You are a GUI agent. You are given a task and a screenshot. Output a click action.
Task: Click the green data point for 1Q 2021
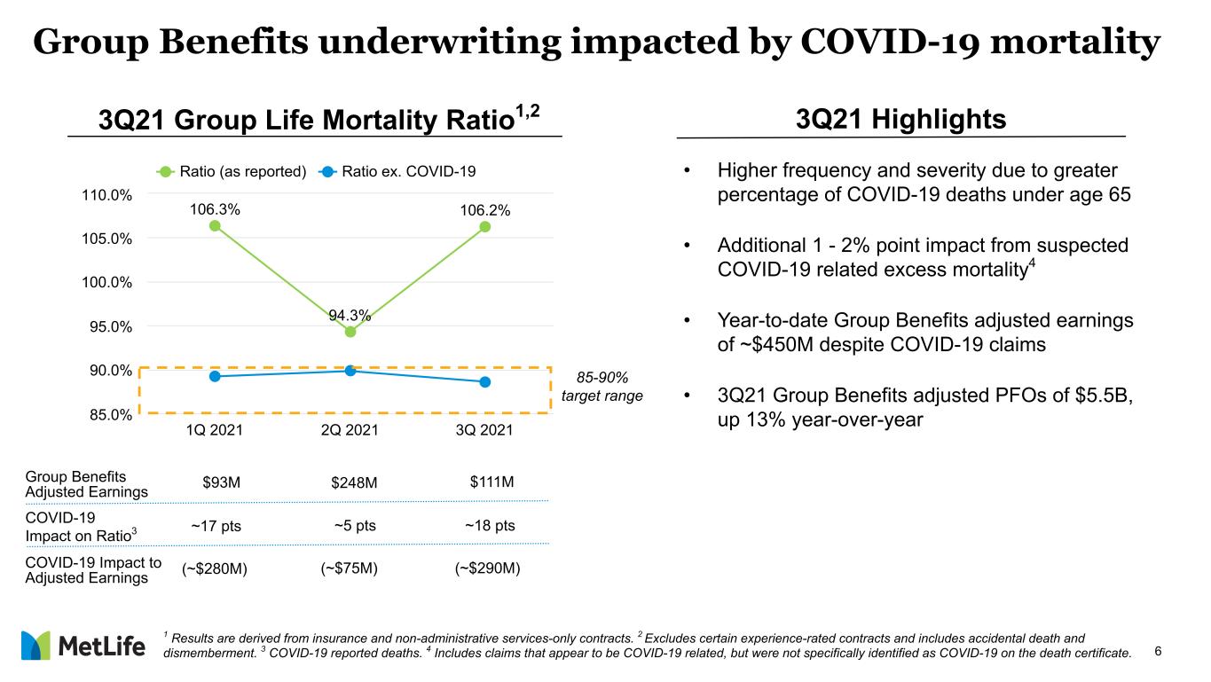pos(215,226)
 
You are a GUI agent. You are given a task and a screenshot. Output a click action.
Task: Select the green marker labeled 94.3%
pos(350,332)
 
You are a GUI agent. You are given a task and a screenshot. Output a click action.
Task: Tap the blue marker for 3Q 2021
pos(485,382)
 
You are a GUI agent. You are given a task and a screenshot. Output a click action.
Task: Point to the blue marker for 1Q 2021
pos(215,376)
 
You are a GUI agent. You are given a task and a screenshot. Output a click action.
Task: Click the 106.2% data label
pos(485,210)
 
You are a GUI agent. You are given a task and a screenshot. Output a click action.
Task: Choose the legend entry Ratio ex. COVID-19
pos(397,172)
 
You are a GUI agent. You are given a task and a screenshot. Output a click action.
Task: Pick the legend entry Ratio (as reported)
pos(232,172)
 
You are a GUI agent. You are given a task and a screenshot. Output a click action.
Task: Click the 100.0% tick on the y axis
pos(106,282)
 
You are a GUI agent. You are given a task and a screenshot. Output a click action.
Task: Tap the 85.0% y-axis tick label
pos(110,414)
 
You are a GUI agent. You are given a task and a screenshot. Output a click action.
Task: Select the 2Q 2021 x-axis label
pos(350,430)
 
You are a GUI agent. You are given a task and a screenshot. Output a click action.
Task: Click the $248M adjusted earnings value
pos(354,482)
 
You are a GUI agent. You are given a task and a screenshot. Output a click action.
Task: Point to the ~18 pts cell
pos(490,525)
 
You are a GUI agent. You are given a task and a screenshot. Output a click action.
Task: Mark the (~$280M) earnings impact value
pos(215,569)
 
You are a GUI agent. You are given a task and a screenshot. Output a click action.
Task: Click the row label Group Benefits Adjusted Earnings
pos(87,484)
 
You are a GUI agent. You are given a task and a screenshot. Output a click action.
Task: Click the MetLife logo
pos(83,646)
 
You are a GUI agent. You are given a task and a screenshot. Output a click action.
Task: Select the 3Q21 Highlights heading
pos(900,119)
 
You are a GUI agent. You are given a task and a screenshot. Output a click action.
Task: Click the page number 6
pos(1158,651)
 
